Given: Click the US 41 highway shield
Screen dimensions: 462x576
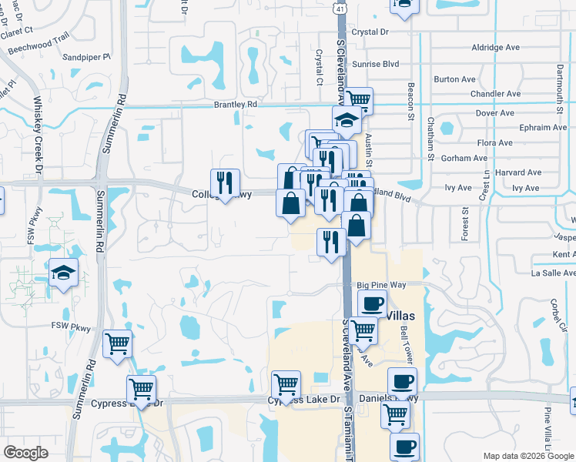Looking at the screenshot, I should coord(340,8).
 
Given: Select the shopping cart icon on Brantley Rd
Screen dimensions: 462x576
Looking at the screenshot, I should coord(359,99).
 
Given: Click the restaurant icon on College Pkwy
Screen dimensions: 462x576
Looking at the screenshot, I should coord(225,182).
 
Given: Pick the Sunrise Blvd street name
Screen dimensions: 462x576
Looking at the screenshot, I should coord(375,65).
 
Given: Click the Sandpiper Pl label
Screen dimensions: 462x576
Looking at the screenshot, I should coord(86,57).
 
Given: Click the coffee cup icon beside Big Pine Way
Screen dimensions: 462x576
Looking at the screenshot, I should coord(373,303).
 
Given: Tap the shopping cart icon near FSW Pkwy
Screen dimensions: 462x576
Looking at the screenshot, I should coord(117,343).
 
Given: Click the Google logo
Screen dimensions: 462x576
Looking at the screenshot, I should coord(25,453).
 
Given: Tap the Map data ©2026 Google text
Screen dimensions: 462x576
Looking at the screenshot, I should coord(527,456).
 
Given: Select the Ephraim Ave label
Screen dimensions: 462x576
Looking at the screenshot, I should coord(543,128).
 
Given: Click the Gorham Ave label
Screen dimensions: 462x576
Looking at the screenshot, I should coord(464,158).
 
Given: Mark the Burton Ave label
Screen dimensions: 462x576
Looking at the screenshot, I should coord(454,79).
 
